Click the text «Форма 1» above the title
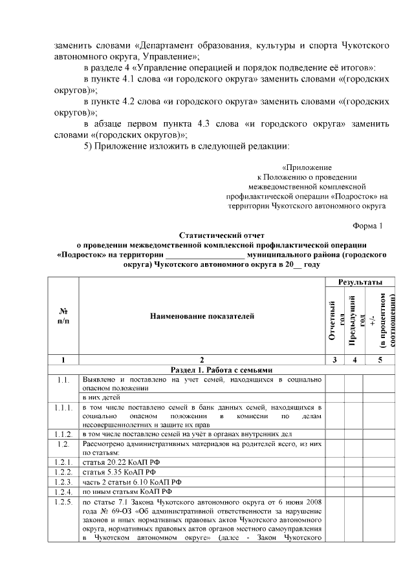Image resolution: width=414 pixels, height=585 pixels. click(x=367, y=225)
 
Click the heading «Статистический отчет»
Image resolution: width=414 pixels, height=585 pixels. click(x=222, y=235)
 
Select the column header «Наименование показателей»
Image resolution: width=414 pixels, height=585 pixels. click(x=202, y=316)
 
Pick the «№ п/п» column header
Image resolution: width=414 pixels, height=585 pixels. click(x=63, y=316)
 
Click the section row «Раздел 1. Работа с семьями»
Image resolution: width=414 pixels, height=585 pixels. click(x=222, y=369)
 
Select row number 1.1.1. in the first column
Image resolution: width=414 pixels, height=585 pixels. click(x=63, y=408)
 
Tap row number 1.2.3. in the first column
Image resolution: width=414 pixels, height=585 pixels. click(x=63, y=482)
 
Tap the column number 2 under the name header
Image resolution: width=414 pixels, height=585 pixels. click(x=202, y=359)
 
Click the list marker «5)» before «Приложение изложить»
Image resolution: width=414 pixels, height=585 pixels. click(x=88, y=145)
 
